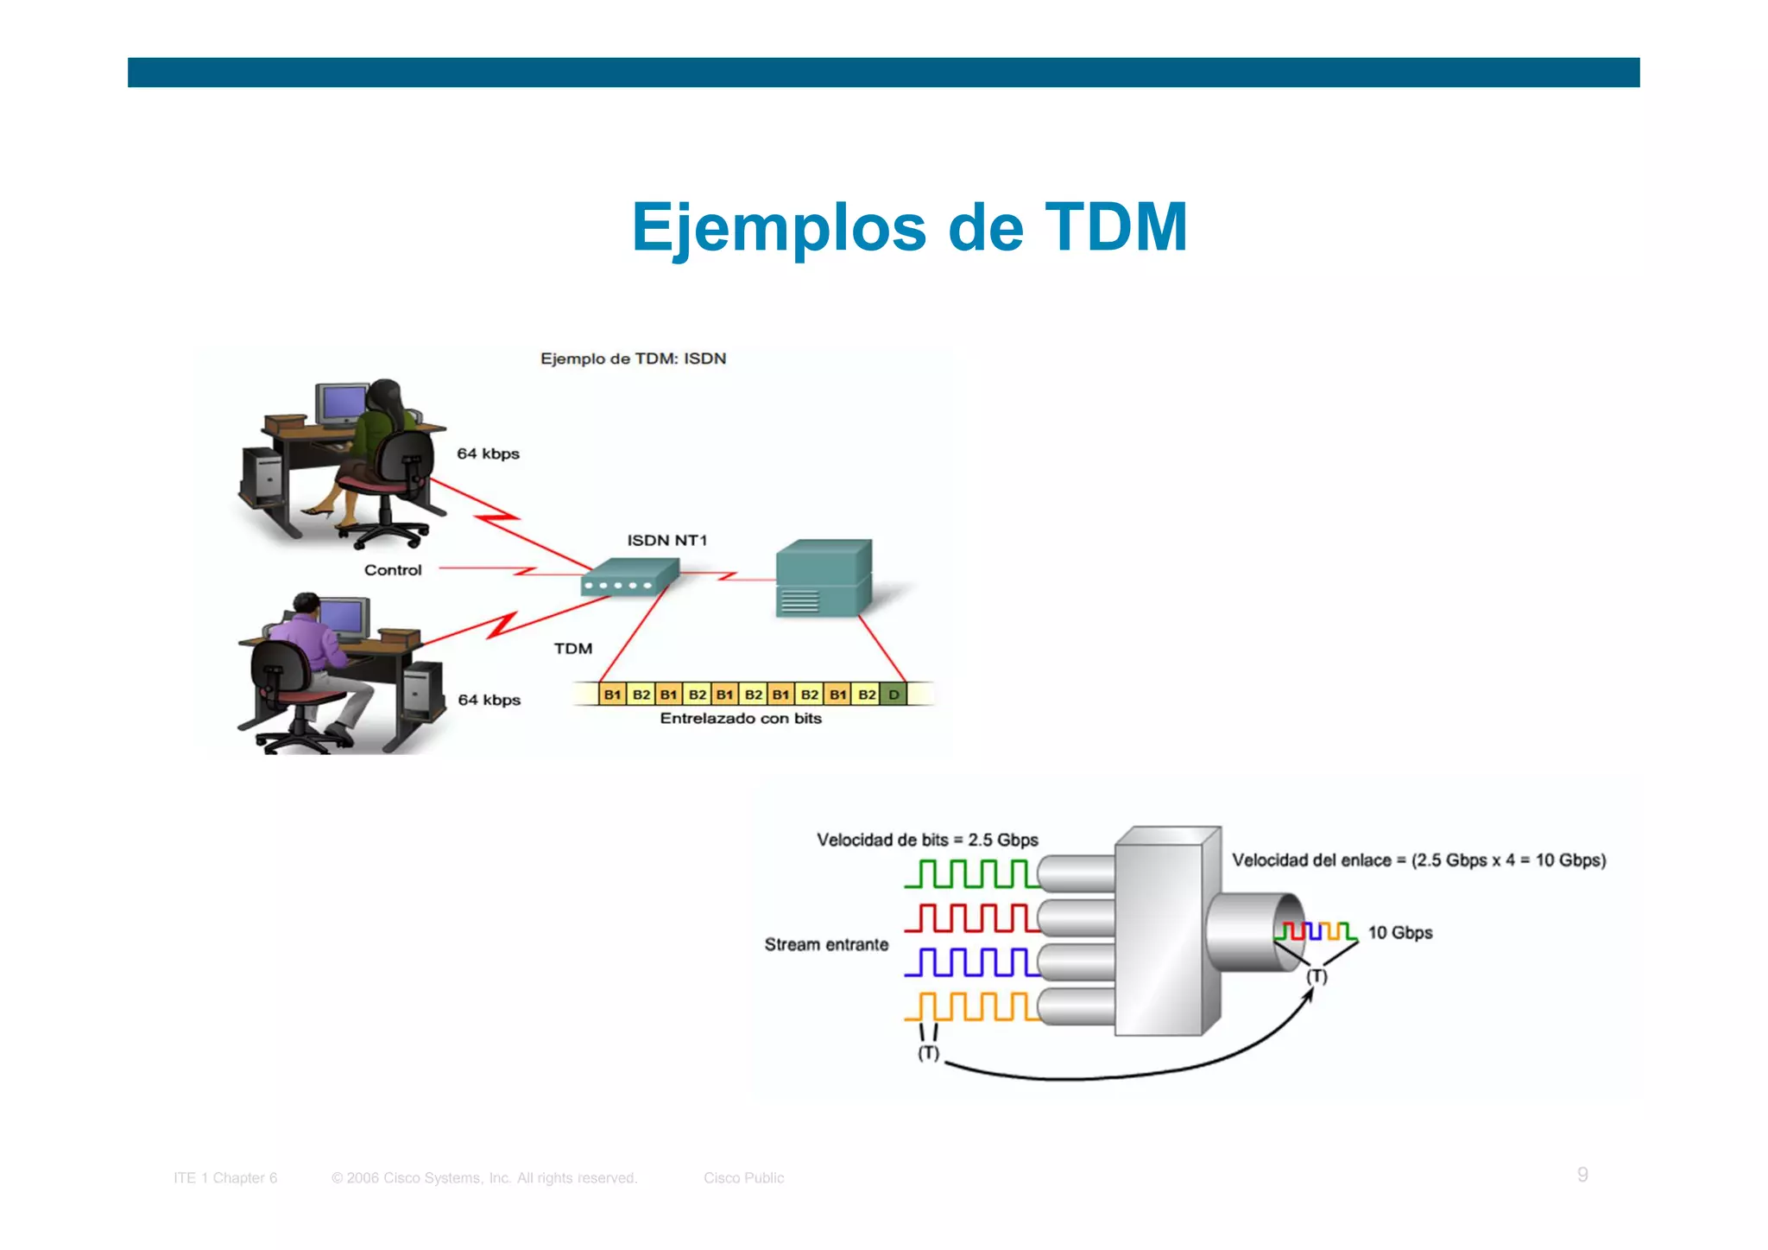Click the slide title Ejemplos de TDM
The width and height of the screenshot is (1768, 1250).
[909, 227]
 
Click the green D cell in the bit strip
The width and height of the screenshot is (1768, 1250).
[894, 695]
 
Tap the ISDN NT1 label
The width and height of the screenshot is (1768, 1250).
[666, 541]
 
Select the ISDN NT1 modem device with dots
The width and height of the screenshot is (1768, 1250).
[628, 578]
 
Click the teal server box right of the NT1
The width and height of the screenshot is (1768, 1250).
[823, 578]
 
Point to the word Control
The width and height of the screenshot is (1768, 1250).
[393, 570]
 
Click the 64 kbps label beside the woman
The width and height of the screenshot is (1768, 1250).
[488, 454]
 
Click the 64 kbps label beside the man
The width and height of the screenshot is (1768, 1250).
[489, 700]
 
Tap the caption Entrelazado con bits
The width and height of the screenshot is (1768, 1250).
[740, 719]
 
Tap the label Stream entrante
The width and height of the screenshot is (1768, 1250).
[826, 944]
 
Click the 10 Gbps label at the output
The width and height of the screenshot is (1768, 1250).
[1399, 933]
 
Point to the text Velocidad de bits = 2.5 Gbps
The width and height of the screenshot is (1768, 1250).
[927, 840]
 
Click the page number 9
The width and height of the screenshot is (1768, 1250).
[1582, 1174]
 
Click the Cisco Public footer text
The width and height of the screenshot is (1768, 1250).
[743, 1177]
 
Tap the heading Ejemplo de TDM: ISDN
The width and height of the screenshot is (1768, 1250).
[633, 359]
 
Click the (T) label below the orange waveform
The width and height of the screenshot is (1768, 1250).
[928, 1053]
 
